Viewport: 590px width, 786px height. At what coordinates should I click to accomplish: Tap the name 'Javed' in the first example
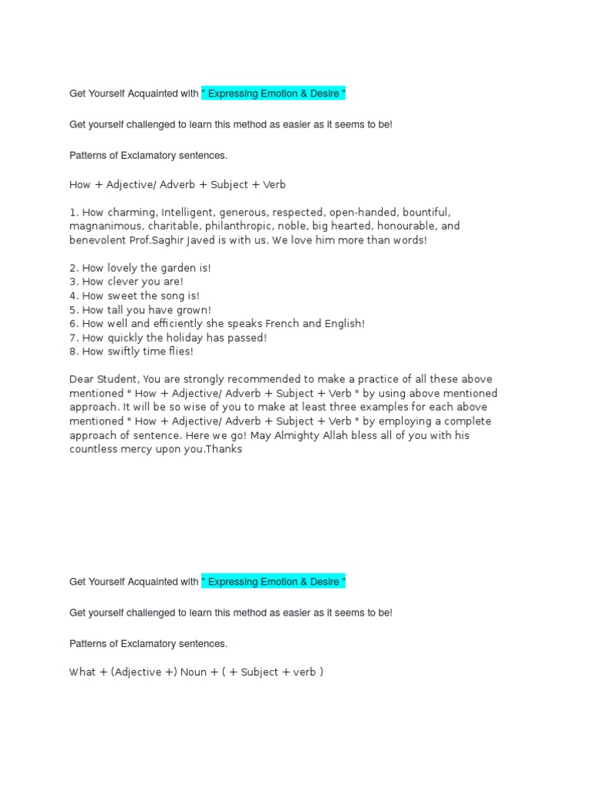tap(197, 240)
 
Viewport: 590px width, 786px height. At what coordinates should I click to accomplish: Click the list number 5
tap(73, 309)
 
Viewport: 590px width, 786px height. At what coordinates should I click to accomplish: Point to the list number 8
tap(73, 352)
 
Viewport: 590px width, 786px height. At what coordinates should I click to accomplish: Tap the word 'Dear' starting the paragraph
tap(81, 379)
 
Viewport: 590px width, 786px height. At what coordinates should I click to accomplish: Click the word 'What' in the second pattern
tap(83, 672)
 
